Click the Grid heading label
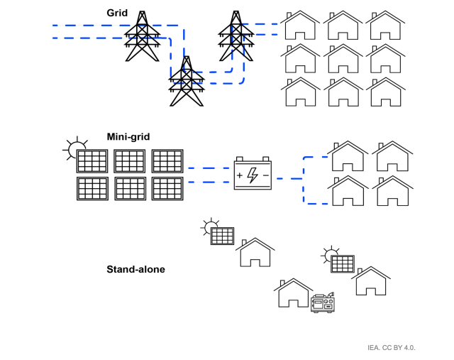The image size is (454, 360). (117, 13)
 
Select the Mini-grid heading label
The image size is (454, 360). (128, 136)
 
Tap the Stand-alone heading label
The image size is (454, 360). (135, 269)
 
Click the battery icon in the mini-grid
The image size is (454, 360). (253, 174)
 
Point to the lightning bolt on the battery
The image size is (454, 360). (253, 175)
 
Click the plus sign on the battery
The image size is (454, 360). (240, 175)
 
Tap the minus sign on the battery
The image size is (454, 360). (265, 175)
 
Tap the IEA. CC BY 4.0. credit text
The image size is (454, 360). (391, 348)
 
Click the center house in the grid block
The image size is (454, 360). (344, 59)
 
